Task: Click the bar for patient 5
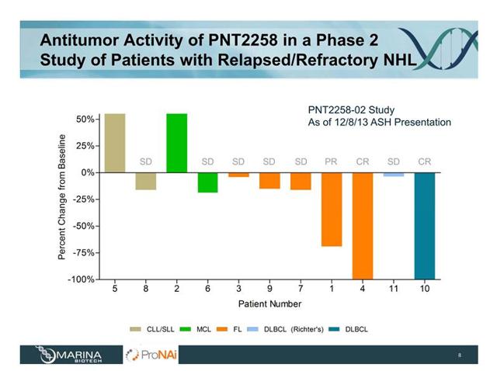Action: pos(114,142)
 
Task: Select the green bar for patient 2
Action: pos(176,142)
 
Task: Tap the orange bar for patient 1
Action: pos(332,209)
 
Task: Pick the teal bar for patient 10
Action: pos(425,225)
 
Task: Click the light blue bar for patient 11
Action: pos(394,175)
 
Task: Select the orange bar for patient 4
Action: pos(363,225)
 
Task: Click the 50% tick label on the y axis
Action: pos(85,119)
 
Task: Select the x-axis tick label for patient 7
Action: pos(301,290)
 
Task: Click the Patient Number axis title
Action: pos(269,303)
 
